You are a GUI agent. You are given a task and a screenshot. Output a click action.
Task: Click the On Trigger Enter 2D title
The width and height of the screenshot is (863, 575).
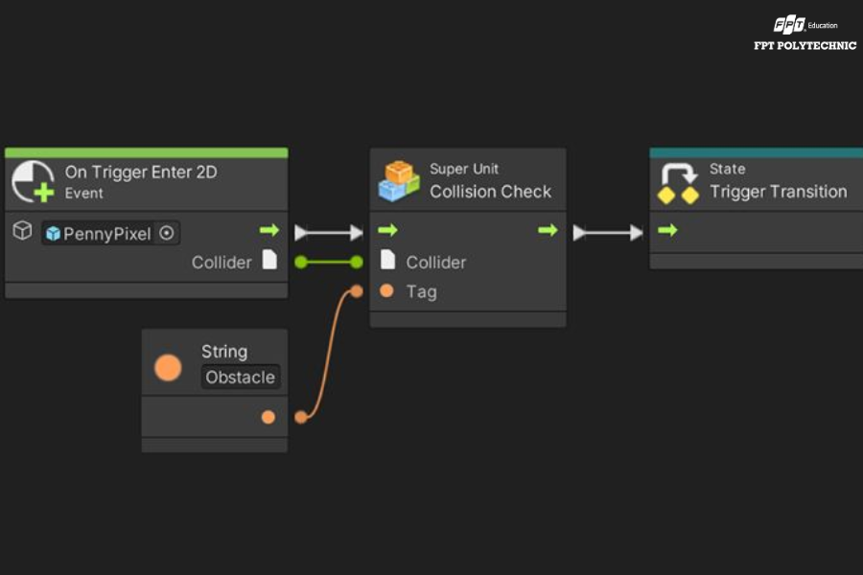coord(141,172)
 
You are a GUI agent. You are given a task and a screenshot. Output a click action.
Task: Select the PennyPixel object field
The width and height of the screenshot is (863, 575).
coord(110,233)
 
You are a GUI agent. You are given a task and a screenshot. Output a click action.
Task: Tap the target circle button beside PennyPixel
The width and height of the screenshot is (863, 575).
coord(166,233)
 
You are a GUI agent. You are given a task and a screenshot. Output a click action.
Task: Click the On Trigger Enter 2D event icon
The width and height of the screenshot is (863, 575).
coord(33,181)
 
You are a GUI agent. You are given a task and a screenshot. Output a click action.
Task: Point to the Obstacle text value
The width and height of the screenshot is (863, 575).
coord(240,377)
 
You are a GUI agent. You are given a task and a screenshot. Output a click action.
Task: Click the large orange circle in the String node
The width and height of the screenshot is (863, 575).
coord(168,368)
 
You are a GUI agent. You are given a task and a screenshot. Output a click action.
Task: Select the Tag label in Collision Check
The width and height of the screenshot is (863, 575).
coord(422,291)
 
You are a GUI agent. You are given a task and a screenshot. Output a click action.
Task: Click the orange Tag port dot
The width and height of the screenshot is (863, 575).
coord(386,290)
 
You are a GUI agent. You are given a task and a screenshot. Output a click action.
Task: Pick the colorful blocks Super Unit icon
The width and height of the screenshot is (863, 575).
coord(399,180)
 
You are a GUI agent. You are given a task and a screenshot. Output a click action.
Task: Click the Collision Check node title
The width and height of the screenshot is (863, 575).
coord(490,192)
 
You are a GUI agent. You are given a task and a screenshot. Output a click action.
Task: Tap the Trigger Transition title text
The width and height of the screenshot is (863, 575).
coord(779,192)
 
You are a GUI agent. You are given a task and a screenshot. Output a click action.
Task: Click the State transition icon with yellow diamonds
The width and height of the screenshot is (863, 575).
coord(678,183)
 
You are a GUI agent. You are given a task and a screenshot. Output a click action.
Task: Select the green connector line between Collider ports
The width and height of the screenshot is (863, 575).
coord(329,262)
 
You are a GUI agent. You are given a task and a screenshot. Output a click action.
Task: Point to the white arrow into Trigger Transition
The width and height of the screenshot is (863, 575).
coord(608,233)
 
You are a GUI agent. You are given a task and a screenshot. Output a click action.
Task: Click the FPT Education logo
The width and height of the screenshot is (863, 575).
coord(805,25)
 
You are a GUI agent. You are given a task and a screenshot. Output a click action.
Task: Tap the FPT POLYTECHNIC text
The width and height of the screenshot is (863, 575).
coord(805,46)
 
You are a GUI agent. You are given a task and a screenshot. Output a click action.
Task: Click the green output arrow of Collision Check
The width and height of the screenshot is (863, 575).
coord(548,230)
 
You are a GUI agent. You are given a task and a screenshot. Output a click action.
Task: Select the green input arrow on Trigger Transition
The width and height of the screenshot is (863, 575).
coord(667,230)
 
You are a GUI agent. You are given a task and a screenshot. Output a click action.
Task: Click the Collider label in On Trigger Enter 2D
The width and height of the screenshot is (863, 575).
coord(222,263)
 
